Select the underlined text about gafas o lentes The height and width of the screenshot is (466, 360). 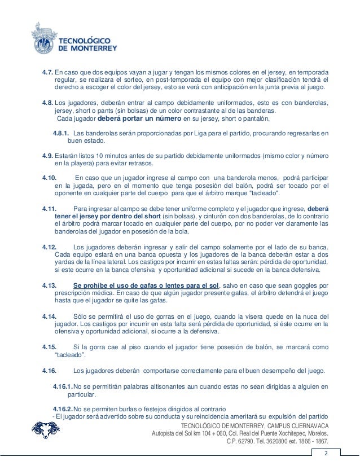[x=146, y=284]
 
